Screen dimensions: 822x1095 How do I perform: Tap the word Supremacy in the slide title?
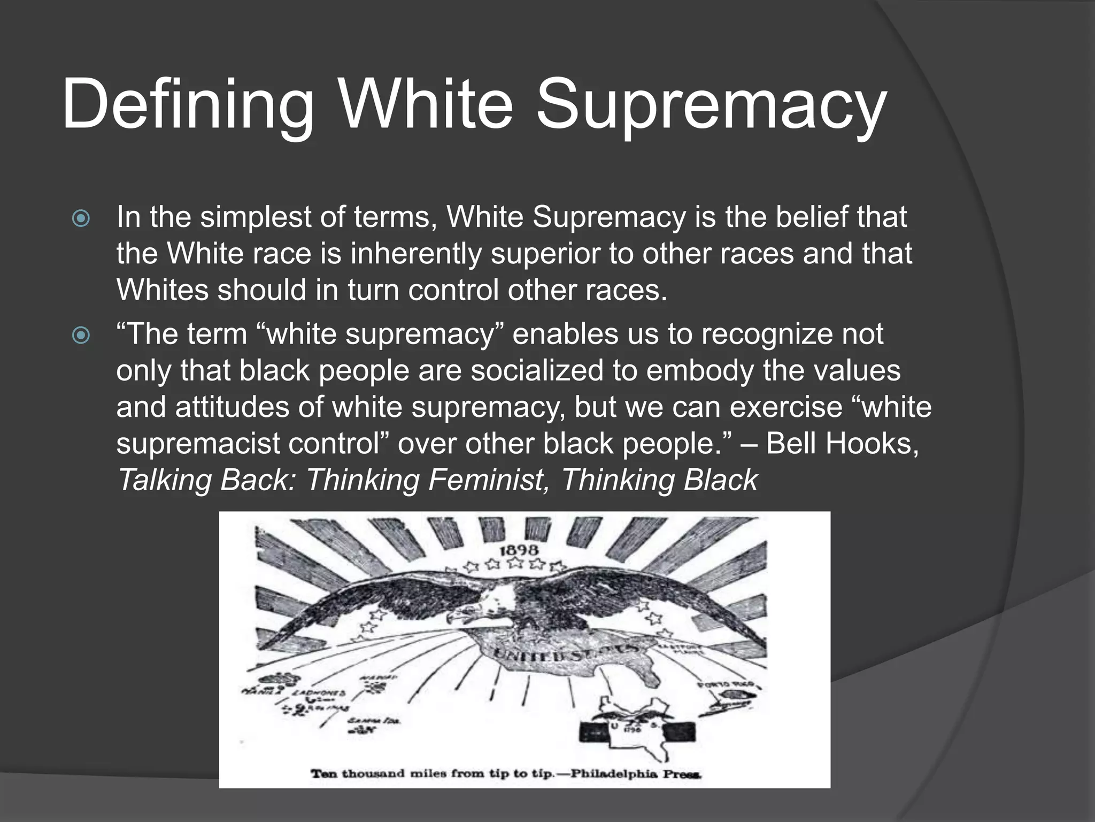tap(711, 104)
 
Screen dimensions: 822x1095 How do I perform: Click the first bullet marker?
tap(81, 218)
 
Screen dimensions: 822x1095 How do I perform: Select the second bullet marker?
tap(81, 336)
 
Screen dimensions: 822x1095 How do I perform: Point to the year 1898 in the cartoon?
tap(519, 550)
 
